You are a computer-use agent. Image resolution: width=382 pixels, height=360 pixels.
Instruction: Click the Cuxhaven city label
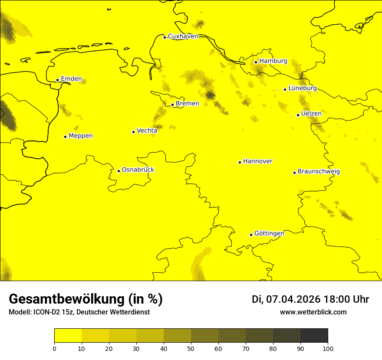pos(183,36)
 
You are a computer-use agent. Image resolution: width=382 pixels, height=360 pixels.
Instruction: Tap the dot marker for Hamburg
pos(256,62)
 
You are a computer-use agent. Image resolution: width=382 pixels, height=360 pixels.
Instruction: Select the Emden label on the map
pos(71,79)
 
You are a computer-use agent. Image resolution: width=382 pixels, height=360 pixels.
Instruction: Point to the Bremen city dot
pos(172,105)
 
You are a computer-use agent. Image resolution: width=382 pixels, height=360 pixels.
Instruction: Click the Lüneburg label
pos(302,88)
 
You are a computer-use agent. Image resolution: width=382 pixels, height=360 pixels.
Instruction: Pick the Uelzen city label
pos(311,114)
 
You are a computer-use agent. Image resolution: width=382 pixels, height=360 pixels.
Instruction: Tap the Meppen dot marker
pos(66,137)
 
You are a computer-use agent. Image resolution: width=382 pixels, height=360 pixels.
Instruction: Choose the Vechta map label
pos(147,131)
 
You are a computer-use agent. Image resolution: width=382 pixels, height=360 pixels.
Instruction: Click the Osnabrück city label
pos(138,170)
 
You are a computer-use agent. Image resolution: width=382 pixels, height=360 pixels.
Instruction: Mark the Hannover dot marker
pos(240,162)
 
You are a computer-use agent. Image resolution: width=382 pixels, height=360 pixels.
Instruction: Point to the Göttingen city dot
pos(251,235)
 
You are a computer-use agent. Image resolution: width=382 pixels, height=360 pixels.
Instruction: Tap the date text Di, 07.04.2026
pos(286,299)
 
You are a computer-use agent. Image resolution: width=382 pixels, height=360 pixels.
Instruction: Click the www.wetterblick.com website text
pos(313,312)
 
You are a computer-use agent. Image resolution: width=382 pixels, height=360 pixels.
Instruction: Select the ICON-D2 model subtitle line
pos(79,312)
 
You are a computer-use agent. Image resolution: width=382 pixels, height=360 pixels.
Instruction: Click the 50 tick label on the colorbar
pos(191,348)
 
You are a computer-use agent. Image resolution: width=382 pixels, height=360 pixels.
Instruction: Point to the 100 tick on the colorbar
pos(328,348)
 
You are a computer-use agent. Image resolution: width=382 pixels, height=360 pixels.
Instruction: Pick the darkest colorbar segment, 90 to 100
pos(314,336)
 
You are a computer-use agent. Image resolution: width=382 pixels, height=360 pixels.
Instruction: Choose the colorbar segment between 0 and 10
pos(68,336)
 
